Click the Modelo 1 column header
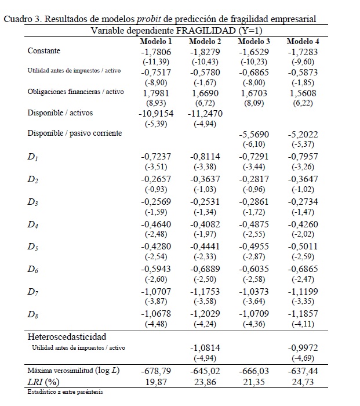[x=156, y=42]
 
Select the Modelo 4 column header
[x=303, y=42]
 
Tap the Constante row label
[x=43, y=51]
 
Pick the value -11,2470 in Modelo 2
[x=205, y=114]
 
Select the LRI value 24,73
[x=303, y=381]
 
